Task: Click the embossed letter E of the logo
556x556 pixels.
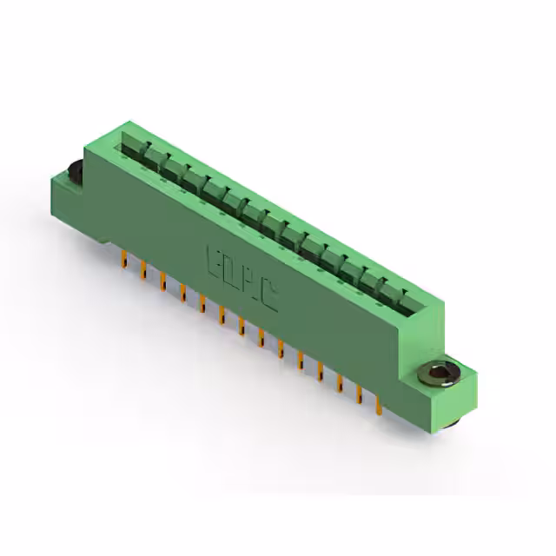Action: click(x=215, y=261)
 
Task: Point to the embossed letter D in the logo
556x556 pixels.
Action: click(x=233, y=274)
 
